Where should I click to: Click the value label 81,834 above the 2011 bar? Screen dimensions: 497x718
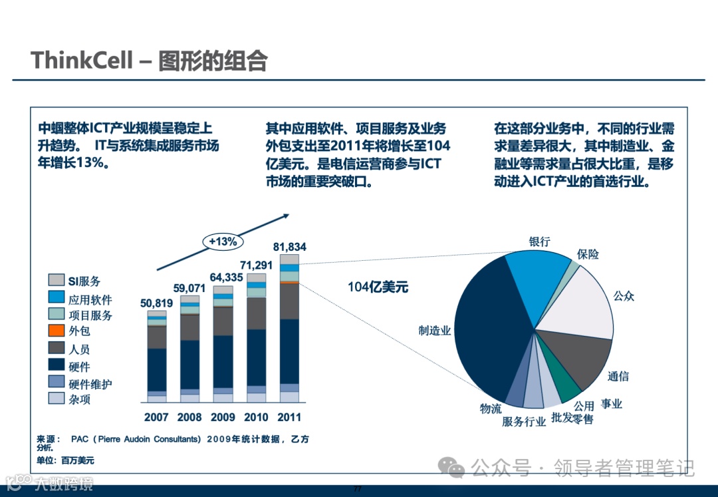click(289, 247)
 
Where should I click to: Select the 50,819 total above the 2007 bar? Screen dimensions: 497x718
click(157, 303)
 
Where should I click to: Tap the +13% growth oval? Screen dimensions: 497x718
click(223, 242)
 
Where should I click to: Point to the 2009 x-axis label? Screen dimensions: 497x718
click(223, 417)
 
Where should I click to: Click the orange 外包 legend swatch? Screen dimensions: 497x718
click(57, 331)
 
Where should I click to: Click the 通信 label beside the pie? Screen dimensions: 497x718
click(618, 377)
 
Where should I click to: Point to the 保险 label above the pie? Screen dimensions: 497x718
click(588, 254)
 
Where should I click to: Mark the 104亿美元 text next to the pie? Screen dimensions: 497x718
click(378, 287)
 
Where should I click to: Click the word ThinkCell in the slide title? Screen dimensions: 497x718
click(79, 61)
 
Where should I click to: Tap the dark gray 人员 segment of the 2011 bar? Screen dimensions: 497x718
click(289, 301)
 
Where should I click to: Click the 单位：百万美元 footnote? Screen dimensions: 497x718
click(65, 460)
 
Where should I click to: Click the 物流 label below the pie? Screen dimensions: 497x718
click(491, 409)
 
